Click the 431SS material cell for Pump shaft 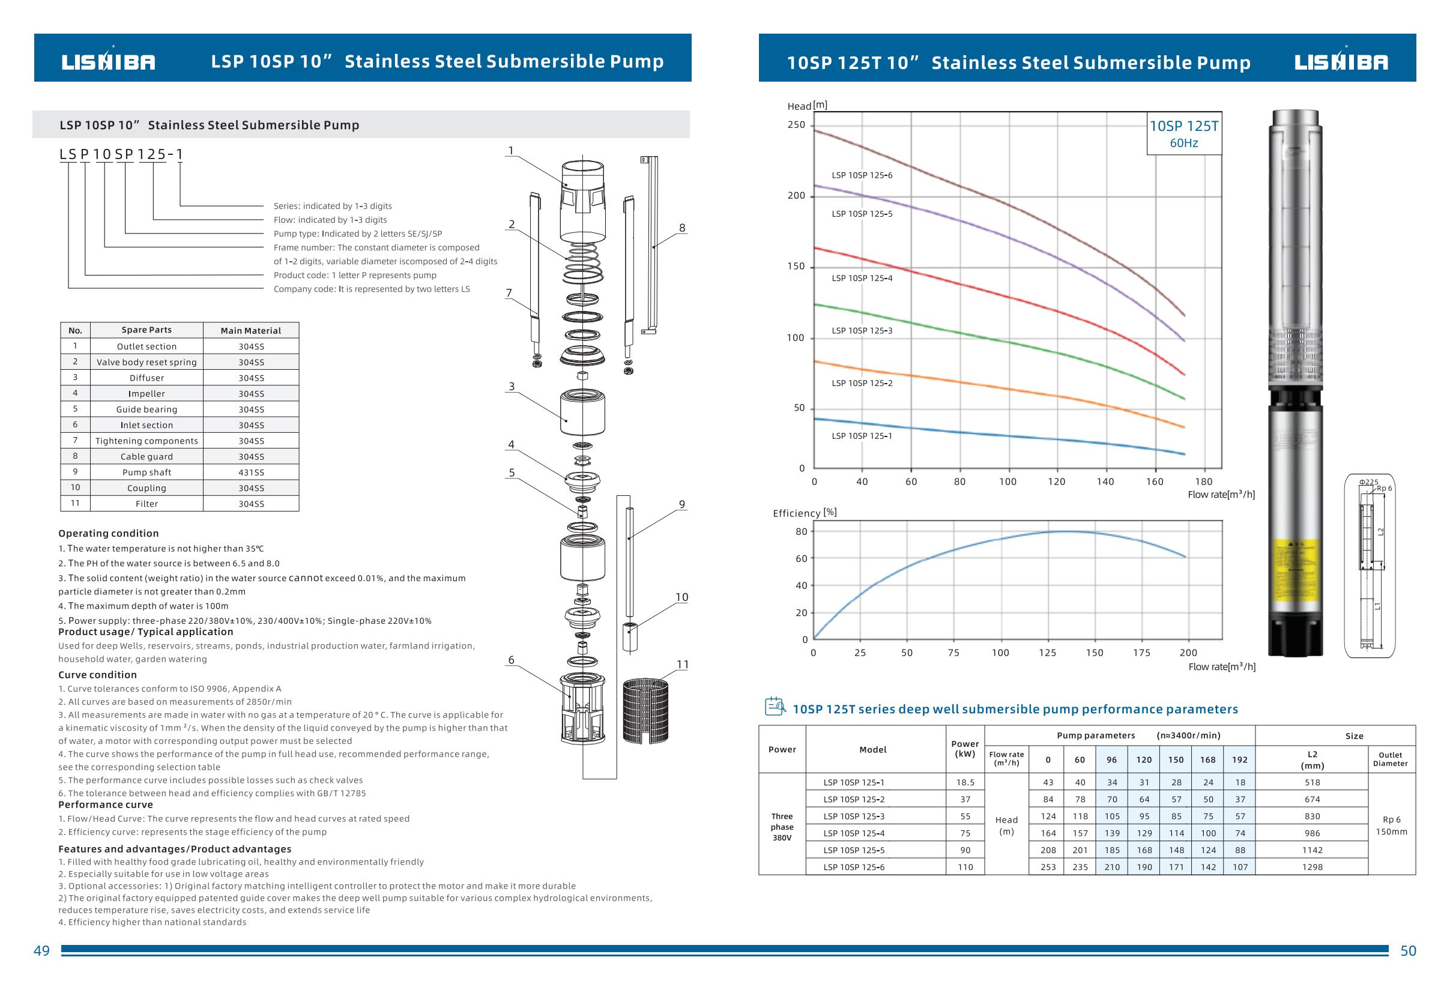251,472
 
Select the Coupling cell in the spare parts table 147,488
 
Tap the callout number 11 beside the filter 683,665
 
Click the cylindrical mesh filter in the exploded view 646,711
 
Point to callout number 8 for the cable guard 682,228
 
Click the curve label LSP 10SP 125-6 862,175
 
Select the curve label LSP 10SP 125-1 862,436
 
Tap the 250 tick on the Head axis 796,125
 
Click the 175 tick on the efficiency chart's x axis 1142,653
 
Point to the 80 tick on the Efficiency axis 801,531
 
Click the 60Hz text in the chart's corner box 1183,143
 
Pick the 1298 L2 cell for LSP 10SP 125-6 1312,867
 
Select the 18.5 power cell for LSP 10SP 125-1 965,782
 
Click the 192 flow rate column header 1240,760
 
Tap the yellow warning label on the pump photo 1295,569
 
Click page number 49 42,951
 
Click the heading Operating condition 109,533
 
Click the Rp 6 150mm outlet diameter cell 1391,826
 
